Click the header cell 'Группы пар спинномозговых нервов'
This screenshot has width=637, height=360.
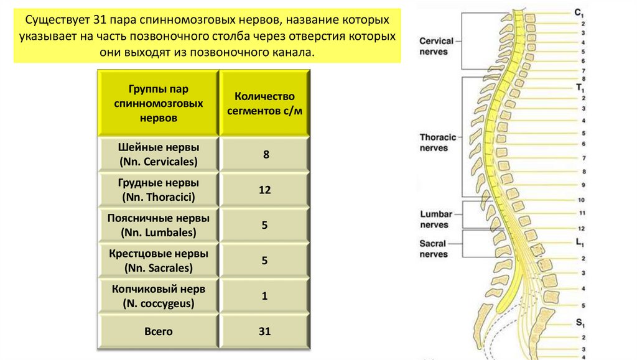tap(158, 103)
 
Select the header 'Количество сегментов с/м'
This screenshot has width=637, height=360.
tap(264, 103)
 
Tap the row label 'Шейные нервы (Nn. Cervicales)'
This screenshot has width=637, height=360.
tap(158, 155)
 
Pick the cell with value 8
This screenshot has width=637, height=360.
tap(265, 154)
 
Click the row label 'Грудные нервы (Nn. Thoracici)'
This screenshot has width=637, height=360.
tap(158, 190)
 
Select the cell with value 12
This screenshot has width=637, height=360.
tap(265, 190)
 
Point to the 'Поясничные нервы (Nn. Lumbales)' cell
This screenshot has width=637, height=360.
tap(158, 226)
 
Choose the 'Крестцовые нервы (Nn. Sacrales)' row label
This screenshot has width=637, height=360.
tap(158, 261)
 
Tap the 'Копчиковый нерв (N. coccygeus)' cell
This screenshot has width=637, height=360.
tap(158, 297)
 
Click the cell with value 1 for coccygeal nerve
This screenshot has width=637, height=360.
tap(265, 297)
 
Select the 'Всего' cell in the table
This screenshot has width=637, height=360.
tap(158, 331)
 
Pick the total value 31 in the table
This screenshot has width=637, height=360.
tap(265, 331)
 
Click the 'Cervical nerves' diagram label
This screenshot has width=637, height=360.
tap(436, 46)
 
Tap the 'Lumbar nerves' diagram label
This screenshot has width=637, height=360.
tap(434, 219)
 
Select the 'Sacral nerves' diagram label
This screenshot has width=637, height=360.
tap(434, 249)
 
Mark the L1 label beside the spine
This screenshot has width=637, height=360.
tap(579, 242)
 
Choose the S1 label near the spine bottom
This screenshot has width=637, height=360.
tap(579, 323)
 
